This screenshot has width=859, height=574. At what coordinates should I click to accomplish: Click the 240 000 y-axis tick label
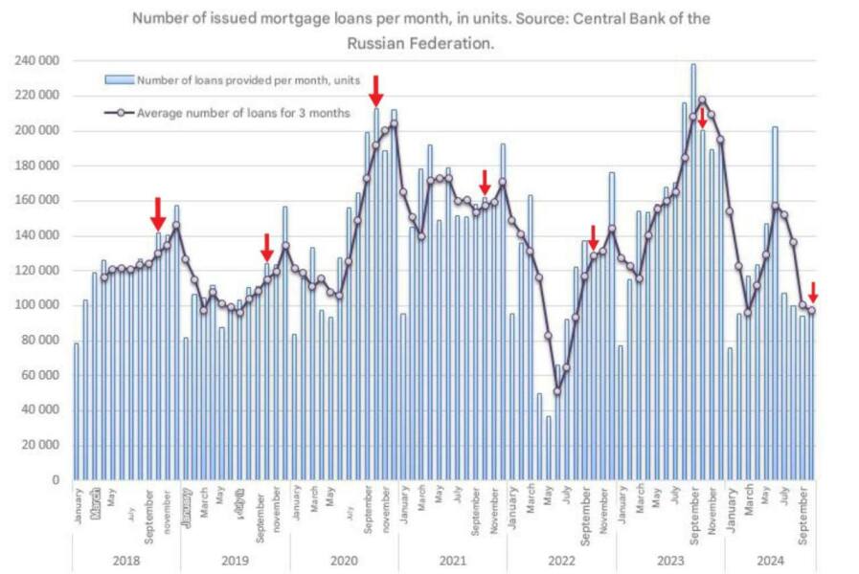[x=35, y=60]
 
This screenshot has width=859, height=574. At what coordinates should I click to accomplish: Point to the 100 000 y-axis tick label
[x=35, y=305]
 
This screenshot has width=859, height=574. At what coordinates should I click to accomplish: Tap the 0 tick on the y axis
[x=55, y=480]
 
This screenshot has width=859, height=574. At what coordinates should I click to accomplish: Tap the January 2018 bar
[x=77, y=411]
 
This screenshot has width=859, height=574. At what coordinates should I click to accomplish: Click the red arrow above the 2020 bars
[x=376, y=91]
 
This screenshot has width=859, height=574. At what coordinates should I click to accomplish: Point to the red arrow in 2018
[x=158, y=212]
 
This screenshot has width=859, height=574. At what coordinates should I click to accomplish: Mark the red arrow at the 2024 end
[x=813, y=292]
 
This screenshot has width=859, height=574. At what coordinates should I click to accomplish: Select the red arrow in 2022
[x=593, y=236]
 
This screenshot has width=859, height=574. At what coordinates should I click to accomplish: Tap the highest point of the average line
[x=702, y=99]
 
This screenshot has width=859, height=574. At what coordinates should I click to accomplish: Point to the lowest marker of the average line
[x=557, y=390]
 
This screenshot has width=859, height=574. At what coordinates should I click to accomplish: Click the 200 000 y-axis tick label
[x=35, y=130]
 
